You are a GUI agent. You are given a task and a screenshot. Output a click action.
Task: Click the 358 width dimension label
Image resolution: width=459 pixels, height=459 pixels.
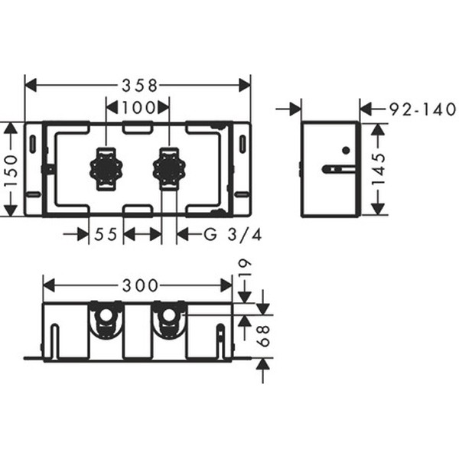pyautogui.click(x=140, y=86)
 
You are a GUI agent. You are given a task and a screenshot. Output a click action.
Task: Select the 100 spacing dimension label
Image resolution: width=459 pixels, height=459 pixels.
pyautogui.click(x=138, y=108)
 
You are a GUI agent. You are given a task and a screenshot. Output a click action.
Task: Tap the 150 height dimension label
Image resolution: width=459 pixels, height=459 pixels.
pyautogui.click(x=11, y=171)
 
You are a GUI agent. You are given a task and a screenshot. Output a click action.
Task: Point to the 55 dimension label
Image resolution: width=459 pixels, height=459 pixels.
pyautogui.click(x=106, y=234)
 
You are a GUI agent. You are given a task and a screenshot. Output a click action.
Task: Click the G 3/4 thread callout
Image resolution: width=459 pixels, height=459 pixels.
pyautogui.click(x=233, y=234)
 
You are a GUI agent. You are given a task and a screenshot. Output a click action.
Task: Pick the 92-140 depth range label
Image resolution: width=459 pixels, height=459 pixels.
pyautogui.click(x=423, y=109)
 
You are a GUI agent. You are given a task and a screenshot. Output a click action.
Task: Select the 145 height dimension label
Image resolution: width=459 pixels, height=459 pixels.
pyautogui.click(x=378, y=169)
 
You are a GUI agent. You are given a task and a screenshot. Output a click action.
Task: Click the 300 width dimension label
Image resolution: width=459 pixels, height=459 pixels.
pyautogui.click(x=140, y=285)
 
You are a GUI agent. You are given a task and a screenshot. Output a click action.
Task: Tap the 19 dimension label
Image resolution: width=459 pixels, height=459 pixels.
pyautogui.click(x=245, y=267)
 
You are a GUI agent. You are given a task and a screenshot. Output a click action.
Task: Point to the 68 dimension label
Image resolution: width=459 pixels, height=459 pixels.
pyautogui.click(x=263, y=337)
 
